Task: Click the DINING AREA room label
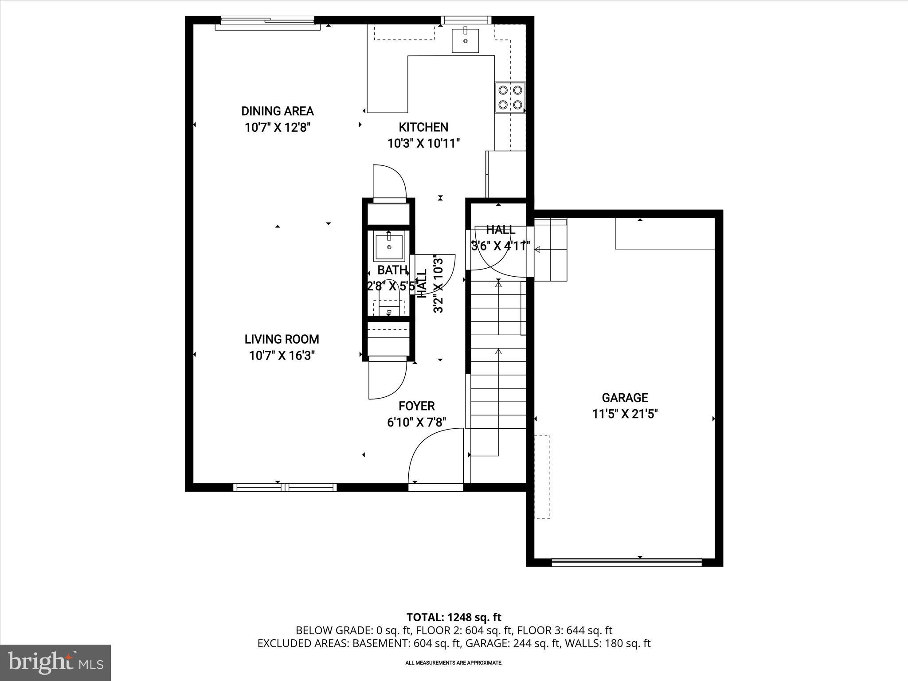tap(277, 111)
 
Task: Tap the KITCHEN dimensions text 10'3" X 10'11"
tap(423, 144)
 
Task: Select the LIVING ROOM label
tap(282, 339)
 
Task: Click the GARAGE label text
tap(625, 398)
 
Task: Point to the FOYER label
tap(416, 406)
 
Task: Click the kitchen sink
tap(465, 40)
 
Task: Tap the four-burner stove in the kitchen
tap(510, 97)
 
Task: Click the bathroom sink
tap(389, 247)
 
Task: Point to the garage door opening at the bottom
tap(626, 562)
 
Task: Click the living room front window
tap(285, 487)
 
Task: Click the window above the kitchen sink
tap(466, 20)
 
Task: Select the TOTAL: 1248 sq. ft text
tap(454, 617)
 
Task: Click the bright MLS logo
tap(55, 662)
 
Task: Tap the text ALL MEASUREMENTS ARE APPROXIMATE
tap(454, 663)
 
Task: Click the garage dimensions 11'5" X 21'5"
tap(625, 414)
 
